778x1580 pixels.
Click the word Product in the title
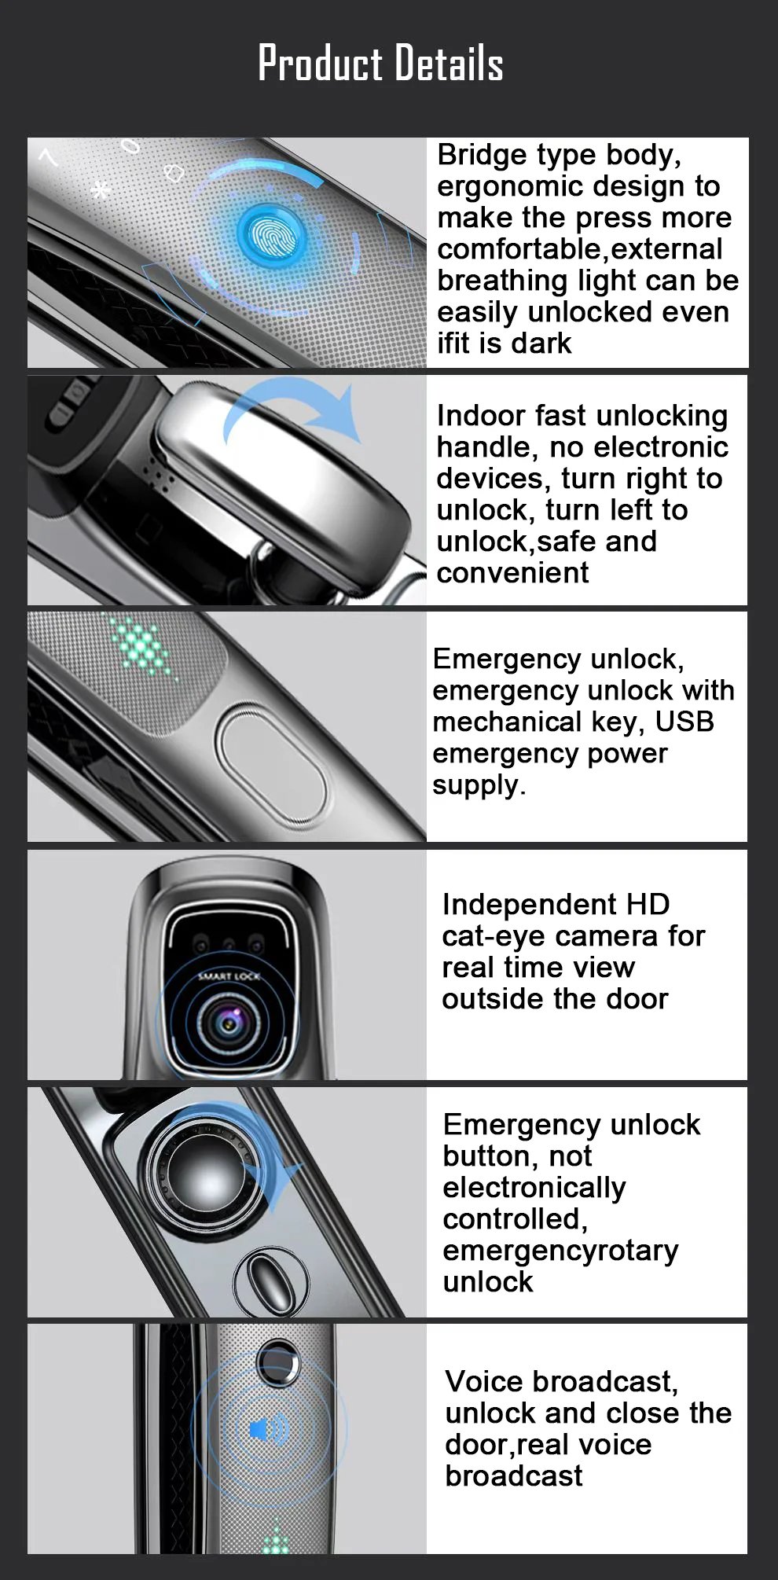320,64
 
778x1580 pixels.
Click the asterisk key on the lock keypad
101,189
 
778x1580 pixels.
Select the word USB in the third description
684,721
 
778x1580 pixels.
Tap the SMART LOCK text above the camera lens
228,976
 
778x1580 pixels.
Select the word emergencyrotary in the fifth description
560,1250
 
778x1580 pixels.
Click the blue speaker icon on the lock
267,1428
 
